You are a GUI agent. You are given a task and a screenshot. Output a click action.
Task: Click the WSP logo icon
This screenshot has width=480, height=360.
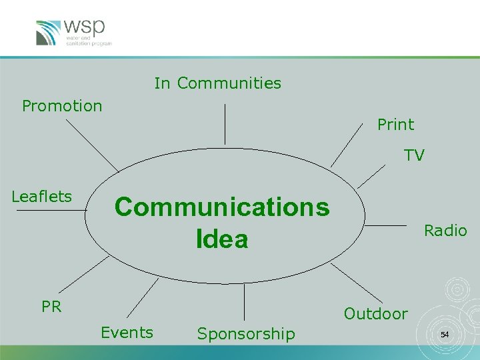[x=49, y=33]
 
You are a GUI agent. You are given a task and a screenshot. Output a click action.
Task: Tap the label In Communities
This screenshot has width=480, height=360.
[x=217, y=83]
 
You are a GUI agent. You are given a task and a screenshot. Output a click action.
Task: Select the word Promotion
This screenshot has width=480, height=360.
[x=62, y=106]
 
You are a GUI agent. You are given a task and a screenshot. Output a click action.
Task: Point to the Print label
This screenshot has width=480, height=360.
[x=395, y=125]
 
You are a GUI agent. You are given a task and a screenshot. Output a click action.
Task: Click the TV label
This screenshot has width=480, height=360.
[x=414, y=156]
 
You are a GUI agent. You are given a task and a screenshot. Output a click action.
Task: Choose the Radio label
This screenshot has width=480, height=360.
[x=445, y=231]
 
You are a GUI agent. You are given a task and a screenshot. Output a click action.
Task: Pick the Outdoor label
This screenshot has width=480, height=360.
[x=375, y=314]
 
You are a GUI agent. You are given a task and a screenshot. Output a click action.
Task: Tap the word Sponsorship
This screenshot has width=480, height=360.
[x=246, y=334]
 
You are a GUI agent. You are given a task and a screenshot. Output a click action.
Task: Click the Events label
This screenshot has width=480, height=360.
[x=127, y=333]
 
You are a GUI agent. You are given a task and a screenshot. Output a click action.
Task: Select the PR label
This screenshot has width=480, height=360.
[x=51, y=307]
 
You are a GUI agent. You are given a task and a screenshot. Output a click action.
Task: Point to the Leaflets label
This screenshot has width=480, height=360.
[x=41, y=197]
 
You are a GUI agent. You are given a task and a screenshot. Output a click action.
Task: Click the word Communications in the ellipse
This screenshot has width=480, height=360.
[x=222, y=207]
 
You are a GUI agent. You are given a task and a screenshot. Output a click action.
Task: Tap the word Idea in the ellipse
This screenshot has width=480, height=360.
[x=222, y=239]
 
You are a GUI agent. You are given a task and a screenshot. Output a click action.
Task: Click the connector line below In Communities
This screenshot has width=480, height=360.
[x=225, y=124]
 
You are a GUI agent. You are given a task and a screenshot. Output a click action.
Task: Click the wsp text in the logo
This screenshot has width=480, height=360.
[x=85, y=28]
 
